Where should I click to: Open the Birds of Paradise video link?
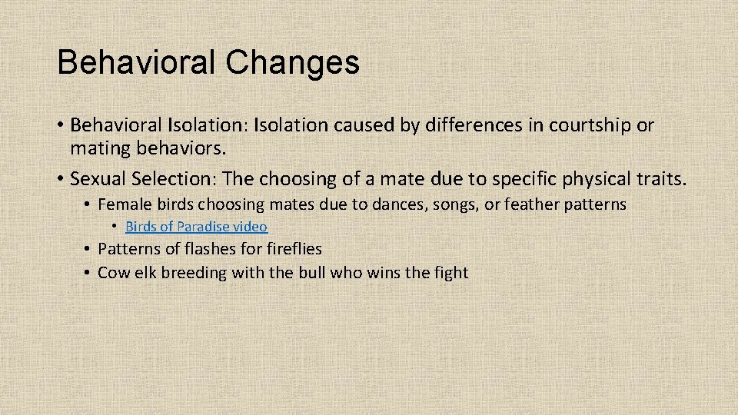pos(196,227)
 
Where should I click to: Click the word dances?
pos(398,205)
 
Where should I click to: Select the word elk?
pos(145,272)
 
